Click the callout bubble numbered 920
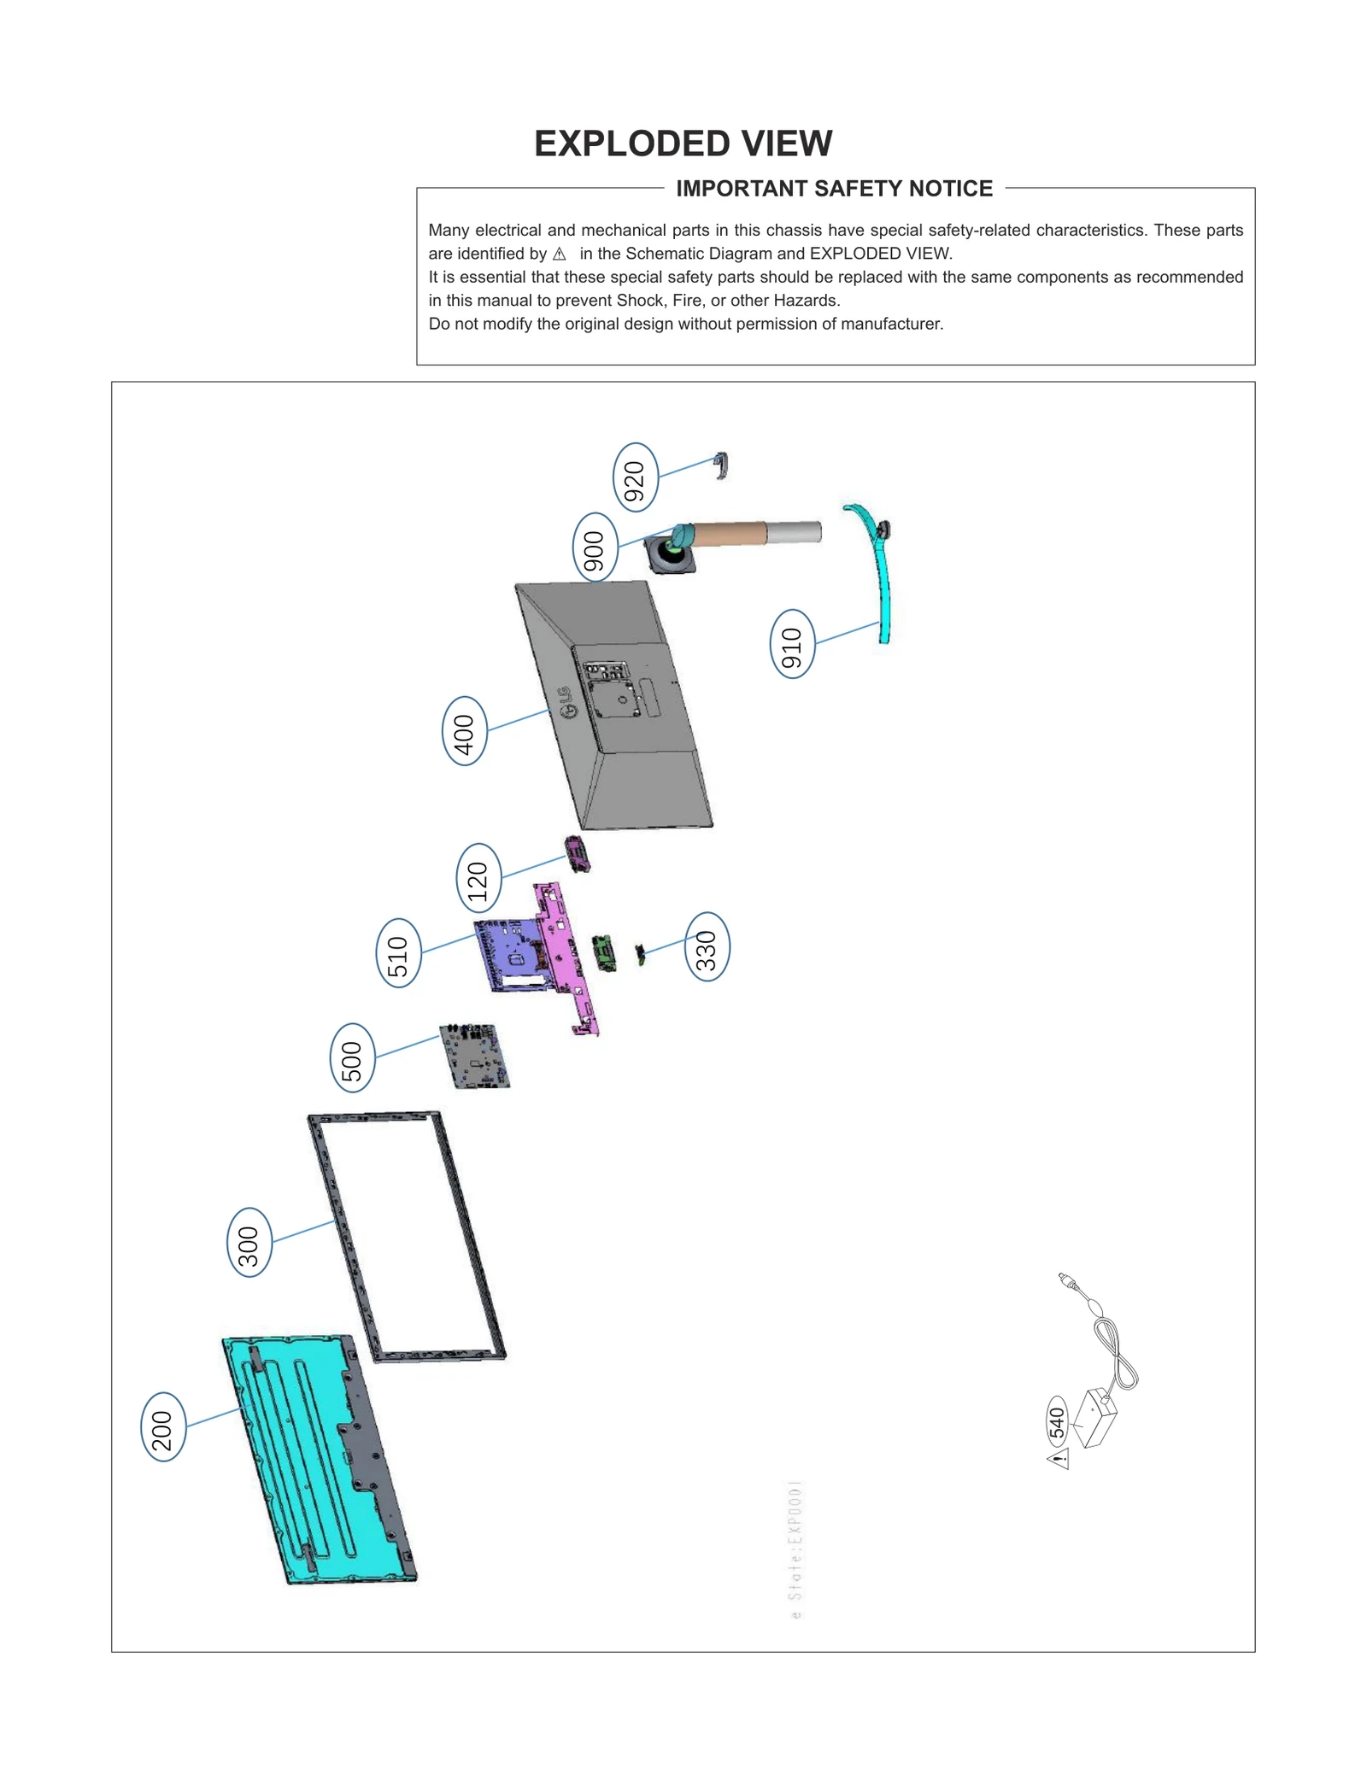635,477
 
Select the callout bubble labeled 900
595,547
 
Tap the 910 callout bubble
792,644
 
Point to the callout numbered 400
464,730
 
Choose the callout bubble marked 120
478,877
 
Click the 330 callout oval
707,946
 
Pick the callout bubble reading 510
398,952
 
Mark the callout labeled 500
352,1057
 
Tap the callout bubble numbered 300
249,1242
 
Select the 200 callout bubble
162,1427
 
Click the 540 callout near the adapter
1057,1422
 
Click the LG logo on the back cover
566,702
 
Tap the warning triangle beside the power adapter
1059,1459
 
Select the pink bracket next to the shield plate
566,957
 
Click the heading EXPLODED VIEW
683,143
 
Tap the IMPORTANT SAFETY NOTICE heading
834,189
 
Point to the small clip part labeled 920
721,465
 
